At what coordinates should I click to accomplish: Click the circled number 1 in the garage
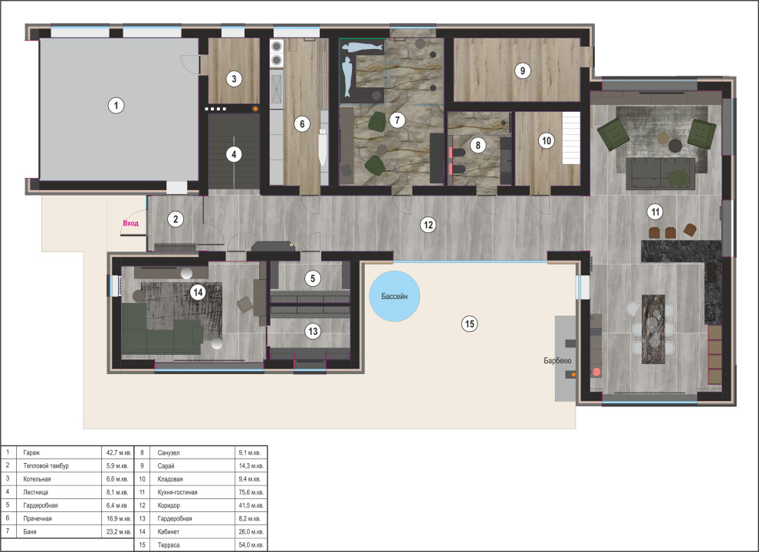[116, 105]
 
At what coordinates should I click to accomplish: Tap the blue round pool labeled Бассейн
[395, 297]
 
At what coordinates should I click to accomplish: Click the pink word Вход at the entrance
[130, 223]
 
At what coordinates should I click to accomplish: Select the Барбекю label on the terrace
[557, 361]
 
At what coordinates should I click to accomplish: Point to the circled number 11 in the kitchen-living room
[655, 212]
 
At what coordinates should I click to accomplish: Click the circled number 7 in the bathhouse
[397, 120]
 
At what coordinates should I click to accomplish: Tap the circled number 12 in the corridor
[429, 225]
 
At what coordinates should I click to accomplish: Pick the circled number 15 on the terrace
[469, 324]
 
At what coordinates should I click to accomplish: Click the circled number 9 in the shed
[522, 71]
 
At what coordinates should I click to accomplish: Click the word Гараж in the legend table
[31, 453]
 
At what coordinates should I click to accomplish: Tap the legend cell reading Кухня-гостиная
[177, 492]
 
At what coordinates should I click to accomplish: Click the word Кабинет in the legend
[169, 531]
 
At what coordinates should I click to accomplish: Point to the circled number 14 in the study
[198, 292]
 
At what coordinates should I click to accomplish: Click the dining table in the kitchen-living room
[653, 329]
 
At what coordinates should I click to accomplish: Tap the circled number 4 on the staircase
[234, 155]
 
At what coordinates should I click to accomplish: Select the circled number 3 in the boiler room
[234, 79]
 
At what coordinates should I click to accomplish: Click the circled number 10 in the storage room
[547, 141]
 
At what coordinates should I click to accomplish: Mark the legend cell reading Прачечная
[38, 518]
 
